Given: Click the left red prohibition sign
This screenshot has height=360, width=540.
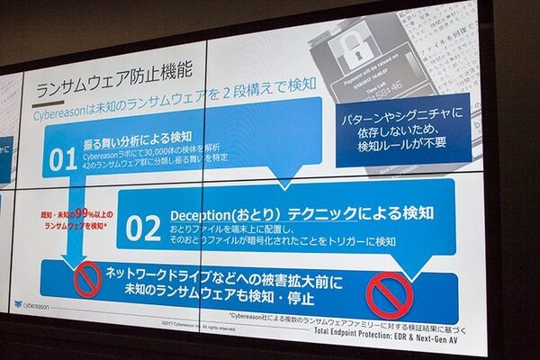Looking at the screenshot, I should [87, 279].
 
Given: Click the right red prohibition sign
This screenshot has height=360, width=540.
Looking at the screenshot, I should [390, 292].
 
